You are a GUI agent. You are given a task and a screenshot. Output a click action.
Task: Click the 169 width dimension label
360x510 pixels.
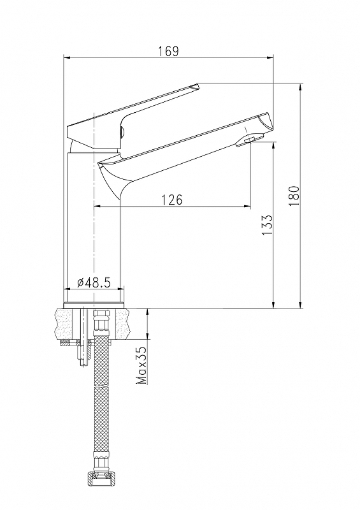pyautogui.click(x=168, y=52)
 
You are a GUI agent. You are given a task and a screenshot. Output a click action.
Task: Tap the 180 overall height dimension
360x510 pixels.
pyautogui.click(x=294, y=196)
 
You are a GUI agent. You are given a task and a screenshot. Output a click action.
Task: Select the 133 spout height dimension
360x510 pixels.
pyautogui.click(x=267, y=226)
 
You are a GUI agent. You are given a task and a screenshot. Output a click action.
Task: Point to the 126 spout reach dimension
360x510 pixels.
pyautogui.click(x=173, y=200)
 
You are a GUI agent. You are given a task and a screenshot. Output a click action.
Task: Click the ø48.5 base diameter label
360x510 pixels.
pyautogui.click(x=94, y=282)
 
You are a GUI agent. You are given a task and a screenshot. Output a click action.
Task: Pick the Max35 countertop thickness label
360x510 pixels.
pyautogui.click(x=142, y=365)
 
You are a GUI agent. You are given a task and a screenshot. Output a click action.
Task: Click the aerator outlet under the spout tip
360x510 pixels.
pyautogui.click(x=250, y=140)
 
